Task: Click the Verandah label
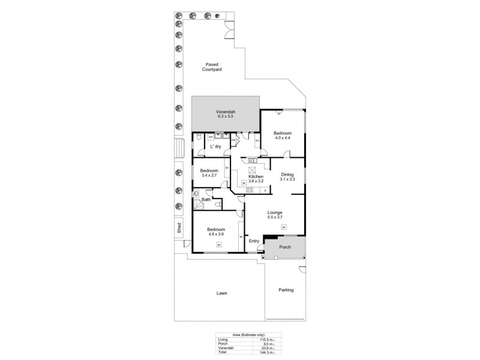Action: (225, 112)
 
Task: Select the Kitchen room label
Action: (256, 176)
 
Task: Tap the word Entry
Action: (254, 241)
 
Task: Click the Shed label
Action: (178, 227)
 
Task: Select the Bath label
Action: (206, 199)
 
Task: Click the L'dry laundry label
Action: (215, 146)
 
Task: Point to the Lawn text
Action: (222, 293)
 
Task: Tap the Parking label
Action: (286, 290)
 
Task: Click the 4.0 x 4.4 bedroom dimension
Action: (283, 137)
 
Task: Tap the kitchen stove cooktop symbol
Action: (250, 190)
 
